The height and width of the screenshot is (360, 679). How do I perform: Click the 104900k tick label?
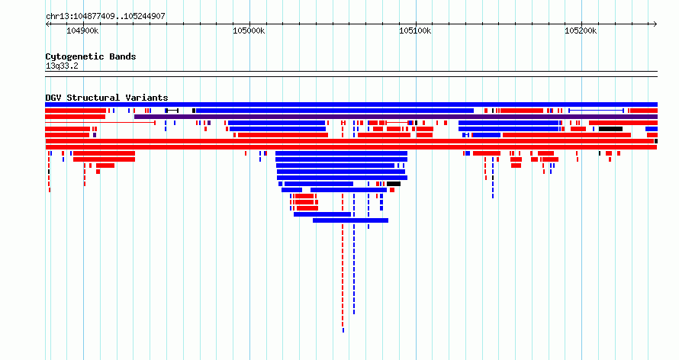click(82, 31)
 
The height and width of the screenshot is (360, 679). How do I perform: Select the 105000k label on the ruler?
click(249, 31)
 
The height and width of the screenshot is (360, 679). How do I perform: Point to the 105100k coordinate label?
click(415, 31)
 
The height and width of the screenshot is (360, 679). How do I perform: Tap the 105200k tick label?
click(581, 31)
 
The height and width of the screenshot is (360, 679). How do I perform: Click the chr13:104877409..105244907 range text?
click(105, 17)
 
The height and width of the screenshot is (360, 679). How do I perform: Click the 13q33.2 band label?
click(62, 66)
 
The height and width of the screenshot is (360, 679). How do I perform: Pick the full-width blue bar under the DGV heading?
click(351, 104)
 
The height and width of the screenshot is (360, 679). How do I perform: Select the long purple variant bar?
click(396, 117)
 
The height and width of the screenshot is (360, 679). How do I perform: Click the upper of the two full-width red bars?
click(350, 141)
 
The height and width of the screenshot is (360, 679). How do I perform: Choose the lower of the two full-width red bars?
click(351, 147)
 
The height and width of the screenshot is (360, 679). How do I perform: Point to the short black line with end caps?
click(172, 111)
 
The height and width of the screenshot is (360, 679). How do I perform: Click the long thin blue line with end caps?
click(597, 111)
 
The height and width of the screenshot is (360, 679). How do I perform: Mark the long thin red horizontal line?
click(100, 123)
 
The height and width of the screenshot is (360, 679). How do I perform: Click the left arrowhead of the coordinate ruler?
click(47, 24)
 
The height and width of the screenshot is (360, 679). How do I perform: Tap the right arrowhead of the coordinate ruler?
click(655, 24)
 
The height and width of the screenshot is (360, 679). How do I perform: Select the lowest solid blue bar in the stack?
click(350, 220)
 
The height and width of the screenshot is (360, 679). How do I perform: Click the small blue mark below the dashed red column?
click(343, 330)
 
